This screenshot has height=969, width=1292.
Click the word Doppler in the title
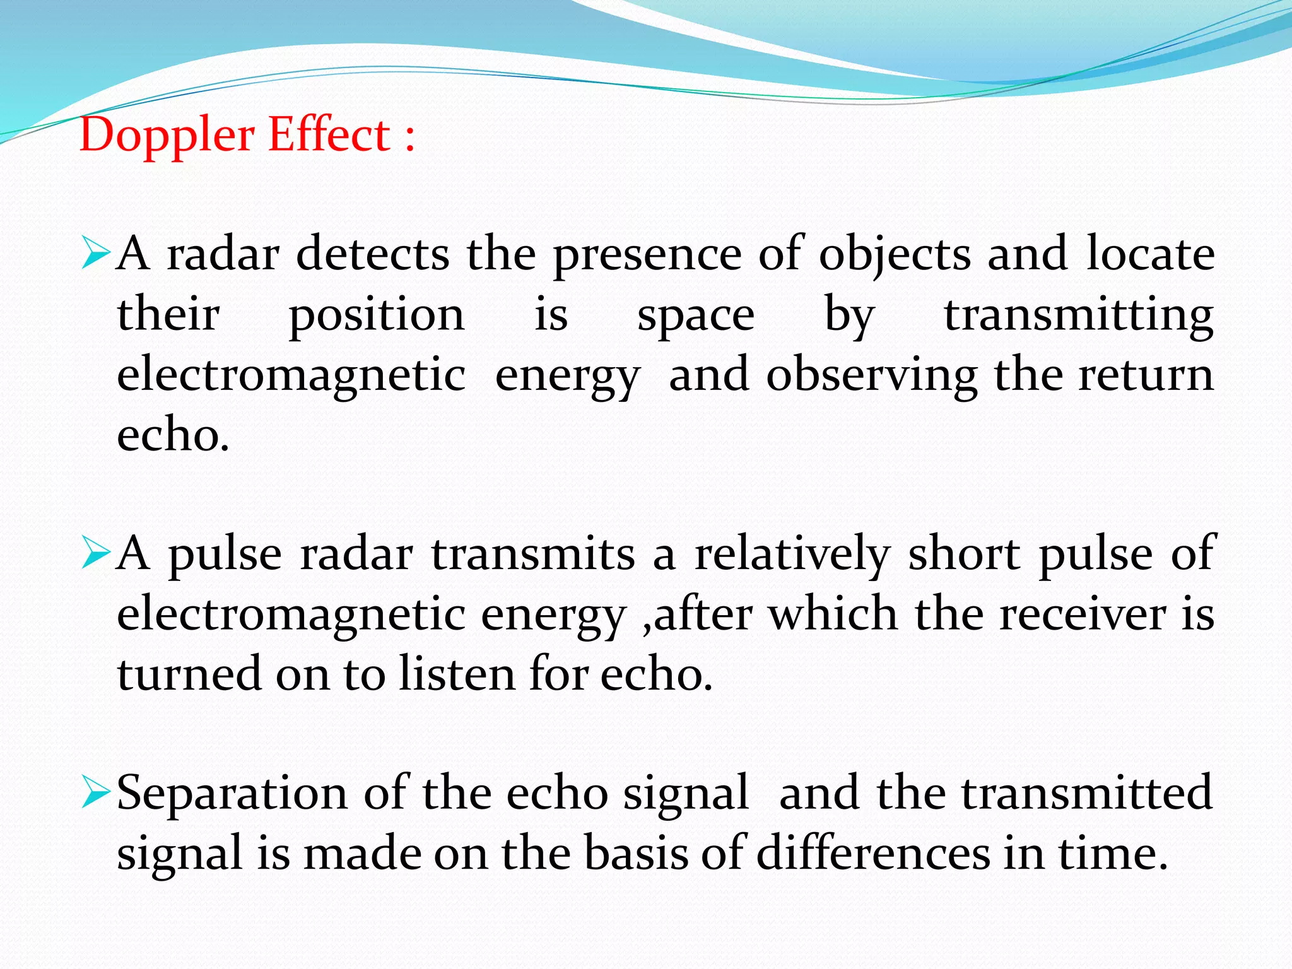[x=167, y=136]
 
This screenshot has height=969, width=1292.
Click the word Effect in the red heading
[x=329, y=135]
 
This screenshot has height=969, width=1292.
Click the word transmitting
[x=1079, y=315]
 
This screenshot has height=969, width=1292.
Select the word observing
[x=871, y=376]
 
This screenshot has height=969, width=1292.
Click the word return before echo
[x=1146, y=376]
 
